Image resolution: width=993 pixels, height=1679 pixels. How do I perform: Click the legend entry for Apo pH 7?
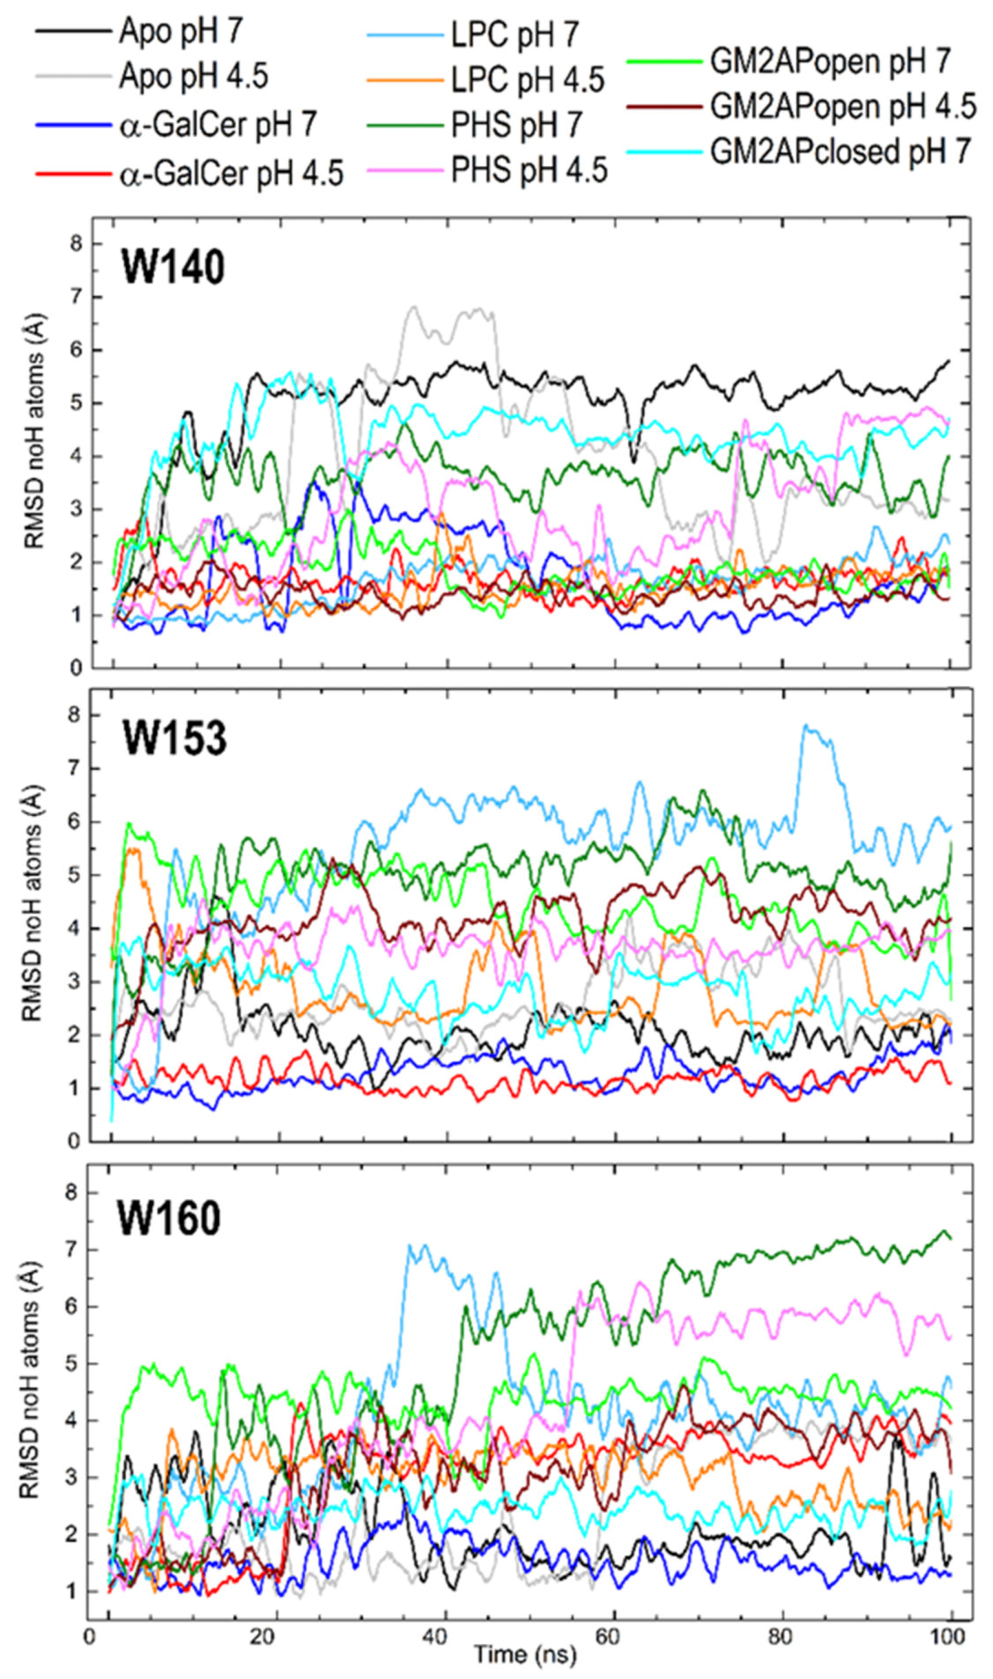(x=181, y=32)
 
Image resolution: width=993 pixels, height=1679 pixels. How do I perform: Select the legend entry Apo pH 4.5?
(x=194, y=76)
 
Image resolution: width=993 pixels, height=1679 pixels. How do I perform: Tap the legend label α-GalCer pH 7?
(x=217, y=125)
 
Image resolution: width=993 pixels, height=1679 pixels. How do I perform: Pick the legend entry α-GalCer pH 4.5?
(x=231, y=174)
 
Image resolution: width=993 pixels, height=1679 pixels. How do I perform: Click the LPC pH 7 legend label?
(x=514, y=35)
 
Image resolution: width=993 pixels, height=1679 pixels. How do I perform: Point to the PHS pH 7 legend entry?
(x=517, y=125)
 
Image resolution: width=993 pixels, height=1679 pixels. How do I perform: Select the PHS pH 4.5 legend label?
(x=529, y=170)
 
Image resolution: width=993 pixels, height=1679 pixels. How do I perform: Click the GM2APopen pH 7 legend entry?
(x=830, y=61)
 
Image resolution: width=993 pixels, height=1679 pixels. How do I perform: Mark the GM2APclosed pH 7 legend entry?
(x=840, y=152)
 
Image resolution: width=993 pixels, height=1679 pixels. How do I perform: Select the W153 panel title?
(x=174, y=739)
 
